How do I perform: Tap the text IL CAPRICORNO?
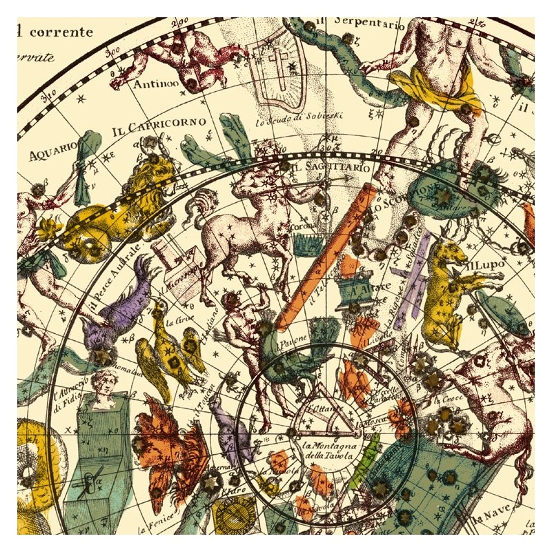(x=158, y=126)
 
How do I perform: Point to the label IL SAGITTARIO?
(x=322, y=166)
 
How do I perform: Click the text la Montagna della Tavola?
(x=329, y=449)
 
